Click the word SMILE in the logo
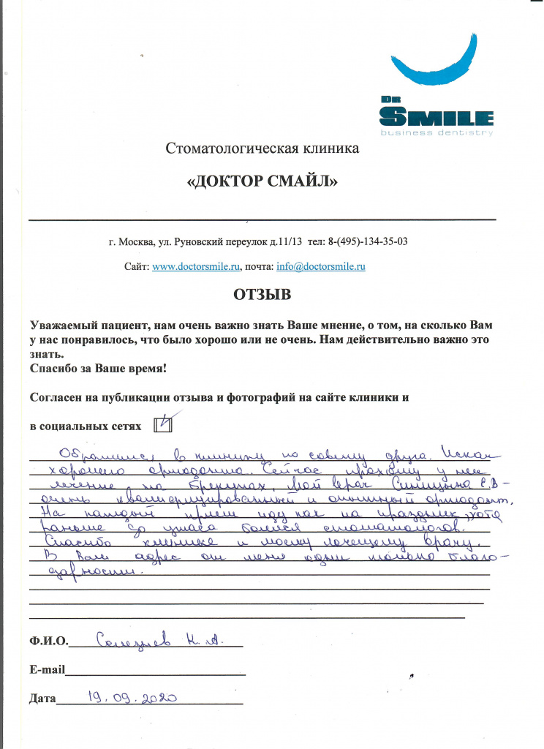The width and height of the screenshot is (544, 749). click(x=437, y=117)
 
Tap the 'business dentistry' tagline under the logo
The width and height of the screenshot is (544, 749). click(x=437, y=133)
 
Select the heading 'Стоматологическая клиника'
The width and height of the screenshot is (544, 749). click(x=262, y=150)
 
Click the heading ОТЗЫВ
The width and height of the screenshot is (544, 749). click(x=262, y=296)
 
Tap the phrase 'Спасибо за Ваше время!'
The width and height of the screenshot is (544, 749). click(x=98, y=369)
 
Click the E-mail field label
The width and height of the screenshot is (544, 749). click(x=48, y=669)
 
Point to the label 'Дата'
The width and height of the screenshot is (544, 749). click(x=42, y=699)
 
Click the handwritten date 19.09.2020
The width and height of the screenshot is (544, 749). click(x=132, y=697)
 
